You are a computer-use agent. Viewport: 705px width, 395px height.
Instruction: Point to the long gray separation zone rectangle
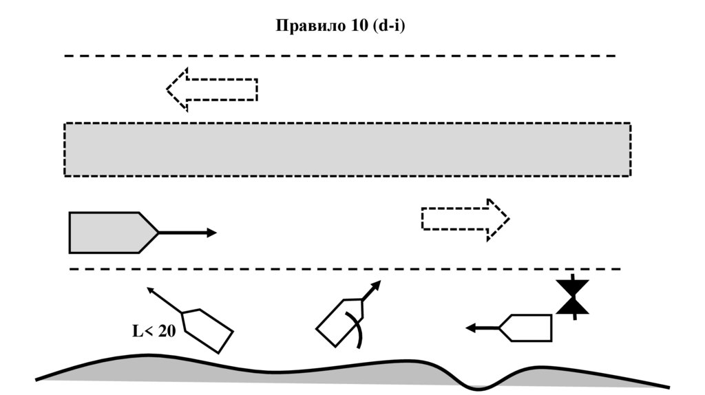pos(347,149)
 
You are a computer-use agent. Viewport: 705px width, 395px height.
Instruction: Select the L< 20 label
pos(154,331)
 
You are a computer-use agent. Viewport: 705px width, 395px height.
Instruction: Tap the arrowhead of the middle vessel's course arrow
pos(377,284)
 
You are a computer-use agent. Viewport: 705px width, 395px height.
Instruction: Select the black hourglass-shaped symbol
pos(573,297)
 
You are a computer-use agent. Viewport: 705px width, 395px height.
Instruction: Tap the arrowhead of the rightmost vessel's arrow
pos(472,328)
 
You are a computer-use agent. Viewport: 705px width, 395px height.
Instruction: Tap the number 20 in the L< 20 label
pos(167,331)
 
